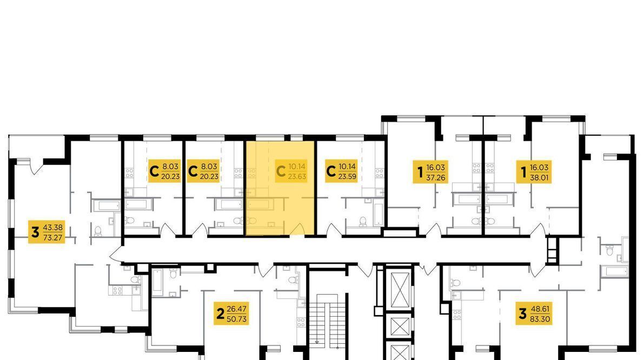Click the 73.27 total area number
pyautogui.click(x=53, y=237)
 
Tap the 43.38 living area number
pyautogui.click(x=53, y=228)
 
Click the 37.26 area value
pyautogui.click(x=436, y=177)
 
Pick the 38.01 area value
pyautogui.click(x=539, y=177)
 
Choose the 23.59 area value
pyautogui.click(x=347, y=177)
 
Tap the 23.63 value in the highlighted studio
pyautogui.click(x=297, y=177)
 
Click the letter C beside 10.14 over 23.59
pyautogui.click(x=330, y=171)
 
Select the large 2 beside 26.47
pyautogui.click(x=221, y=314)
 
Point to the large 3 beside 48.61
pyautogui.click(x=522, y=314)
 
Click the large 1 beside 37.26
pyautogui.click(x=420, y=172)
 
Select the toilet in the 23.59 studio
pyautogui.click(x=363, y=222)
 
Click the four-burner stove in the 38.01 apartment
pyautogui.click(x=489, y=168)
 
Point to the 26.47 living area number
pyautogui.click(x=237, y=309)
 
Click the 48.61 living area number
pyautogui.click(x=540, y=309)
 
